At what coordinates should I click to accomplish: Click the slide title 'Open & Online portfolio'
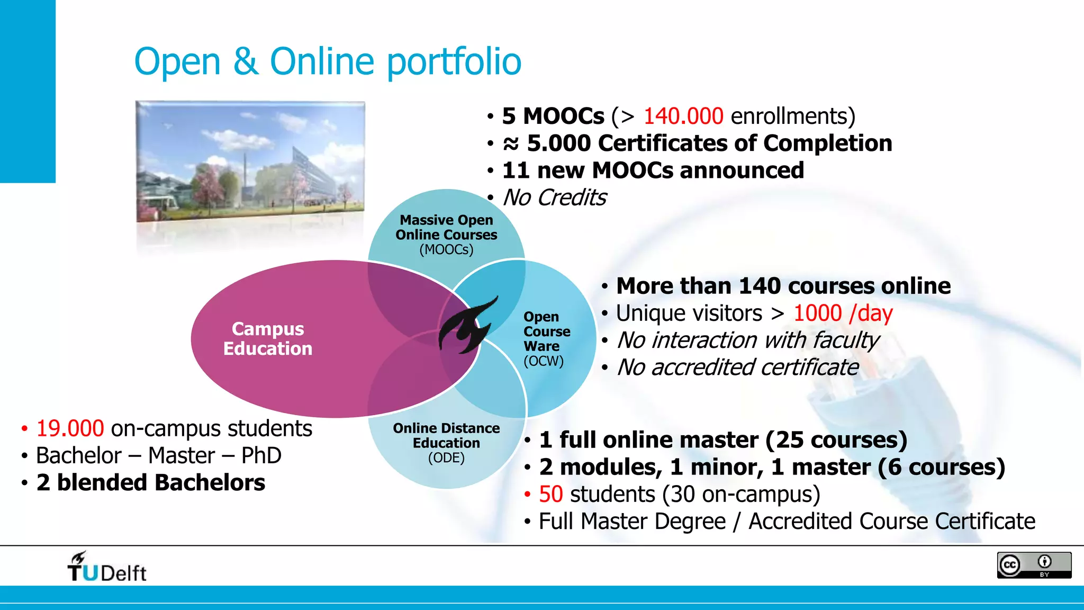pyautogui.click(x=328, y=61)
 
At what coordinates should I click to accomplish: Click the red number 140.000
pyautogui.click(x=683, y=116)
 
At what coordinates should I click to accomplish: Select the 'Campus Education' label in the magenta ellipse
pyautogui.click(x=268, y=339)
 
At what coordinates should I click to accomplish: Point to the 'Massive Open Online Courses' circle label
pyautogui.click(x=446, y=228)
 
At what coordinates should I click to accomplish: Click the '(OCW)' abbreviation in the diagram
pyautogui.click(x=544, y=361)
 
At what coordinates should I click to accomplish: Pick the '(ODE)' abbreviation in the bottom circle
pyautogui.click(x=446, y=458)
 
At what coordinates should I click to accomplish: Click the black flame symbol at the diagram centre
pyautogui.click(x=466, y=326)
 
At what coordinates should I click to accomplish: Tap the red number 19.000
pyautogui.click(x=70, y=428)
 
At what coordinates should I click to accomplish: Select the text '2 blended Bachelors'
pyautogui.click(x=151, y=483)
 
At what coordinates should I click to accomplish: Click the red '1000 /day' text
pyautogui.click(x=843, y=313)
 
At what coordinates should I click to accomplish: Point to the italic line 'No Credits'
pyautogui.click(x=554, y=198)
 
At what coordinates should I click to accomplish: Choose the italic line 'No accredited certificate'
pyautogui.click(x=738, y=367)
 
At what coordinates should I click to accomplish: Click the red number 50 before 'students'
pyautogui.click(x=550, y=495)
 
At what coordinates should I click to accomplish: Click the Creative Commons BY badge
pyautogui.click(x=1034, y=565)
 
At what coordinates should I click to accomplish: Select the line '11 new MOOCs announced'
pyautogui.click(x=653, y=171)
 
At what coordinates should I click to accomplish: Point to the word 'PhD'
pyautogui.click(x=261, y=456)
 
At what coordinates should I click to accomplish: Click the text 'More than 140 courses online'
pyautogui.click(x=783, y=286)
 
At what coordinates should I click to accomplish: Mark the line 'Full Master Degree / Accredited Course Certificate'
pyautogui.click(x=787, y=522)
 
